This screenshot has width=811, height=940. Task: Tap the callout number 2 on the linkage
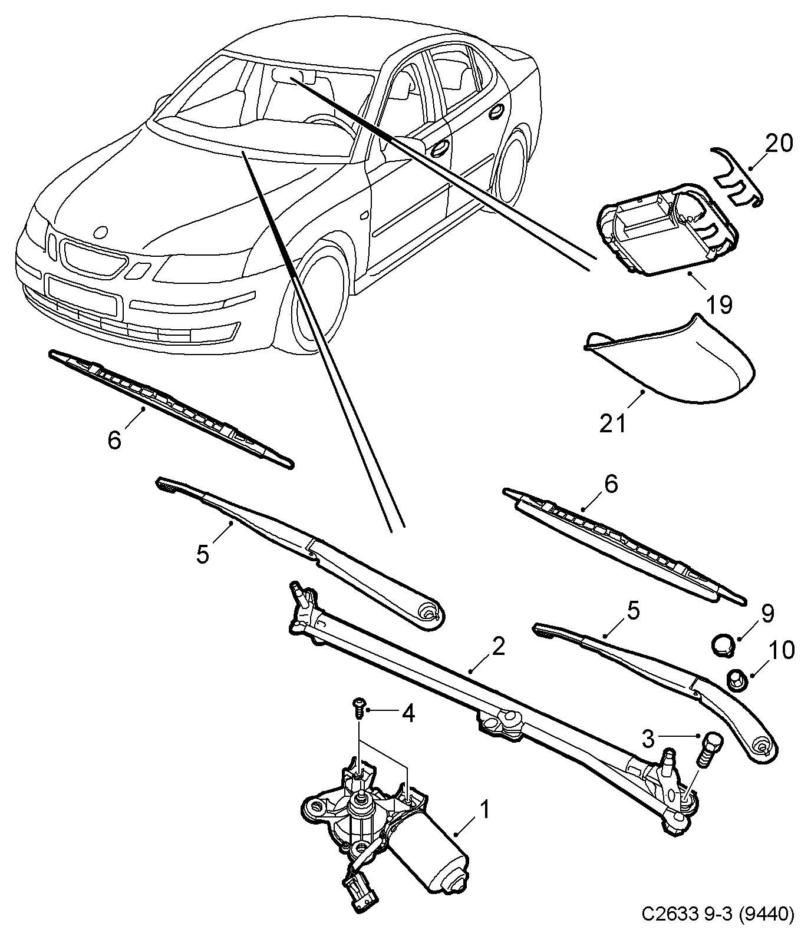tap(498, 647)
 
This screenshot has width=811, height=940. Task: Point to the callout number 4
tap(408, 714)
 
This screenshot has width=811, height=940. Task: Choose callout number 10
tap(782, 651)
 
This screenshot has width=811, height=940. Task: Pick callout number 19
tap(719, 304)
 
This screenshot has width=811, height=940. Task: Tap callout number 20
tap(779, 143)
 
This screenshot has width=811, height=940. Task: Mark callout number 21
tap(612, 423)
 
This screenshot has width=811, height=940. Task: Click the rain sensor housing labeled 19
tap(660, 233)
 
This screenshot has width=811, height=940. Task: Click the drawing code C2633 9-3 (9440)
tap(718, 915)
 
